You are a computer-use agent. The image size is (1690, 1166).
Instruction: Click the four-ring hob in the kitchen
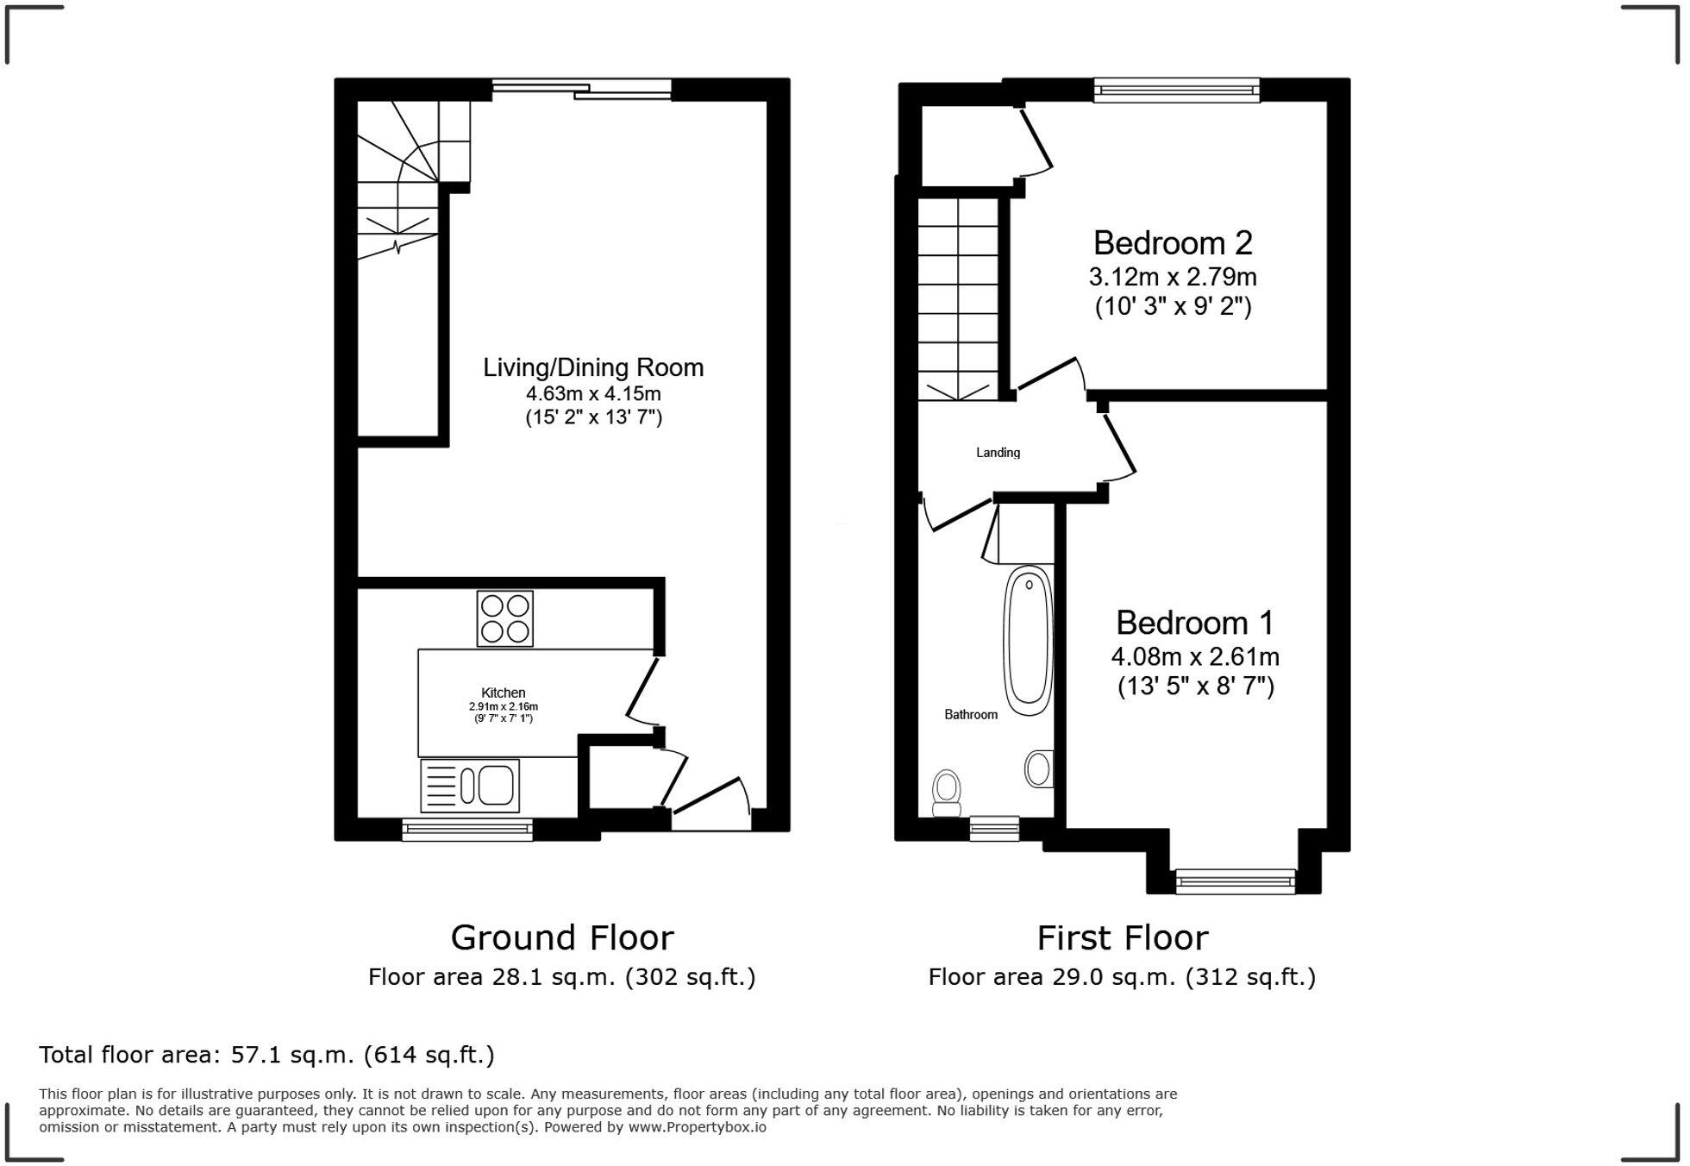coord(505,618)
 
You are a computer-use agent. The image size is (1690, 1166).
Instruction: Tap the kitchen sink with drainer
coord(470,786)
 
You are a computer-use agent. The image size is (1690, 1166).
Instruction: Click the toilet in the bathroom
coord(947,793)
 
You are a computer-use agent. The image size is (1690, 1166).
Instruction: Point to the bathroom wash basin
coord(1039,768)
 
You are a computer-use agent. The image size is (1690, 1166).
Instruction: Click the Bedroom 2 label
coord(1172,243)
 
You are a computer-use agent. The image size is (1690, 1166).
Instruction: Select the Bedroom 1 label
coord(1194,623)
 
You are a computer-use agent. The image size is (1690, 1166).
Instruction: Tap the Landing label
coord(998,453)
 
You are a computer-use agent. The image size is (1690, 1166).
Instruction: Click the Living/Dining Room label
coord(593,368)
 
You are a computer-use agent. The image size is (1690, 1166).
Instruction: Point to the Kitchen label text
coord(503,693)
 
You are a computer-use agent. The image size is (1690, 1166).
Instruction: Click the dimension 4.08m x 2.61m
coord(1194,657)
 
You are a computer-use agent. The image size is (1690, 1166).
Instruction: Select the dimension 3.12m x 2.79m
coord(1172,278)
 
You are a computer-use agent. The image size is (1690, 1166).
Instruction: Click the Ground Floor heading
coord(561,937)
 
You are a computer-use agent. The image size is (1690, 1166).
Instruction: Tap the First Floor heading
coord(1122,937)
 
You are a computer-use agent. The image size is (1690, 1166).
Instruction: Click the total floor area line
coord(266,1055)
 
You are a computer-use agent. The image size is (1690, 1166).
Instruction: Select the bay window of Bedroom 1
coord(1235,881)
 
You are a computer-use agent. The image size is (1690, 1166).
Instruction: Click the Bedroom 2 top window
coord(1176,90)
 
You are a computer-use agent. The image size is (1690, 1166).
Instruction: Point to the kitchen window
coord(467,830)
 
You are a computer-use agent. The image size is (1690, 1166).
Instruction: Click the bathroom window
coord(994,828)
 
